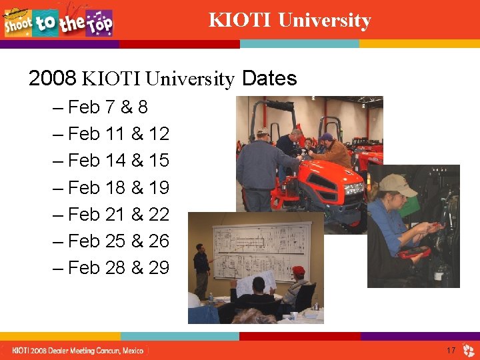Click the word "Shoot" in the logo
pos(18,24)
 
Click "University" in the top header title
pos(324,21)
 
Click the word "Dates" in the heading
pos(269,79)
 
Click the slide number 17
pos(451,350)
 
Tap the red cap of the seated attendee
pos(298,270)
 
